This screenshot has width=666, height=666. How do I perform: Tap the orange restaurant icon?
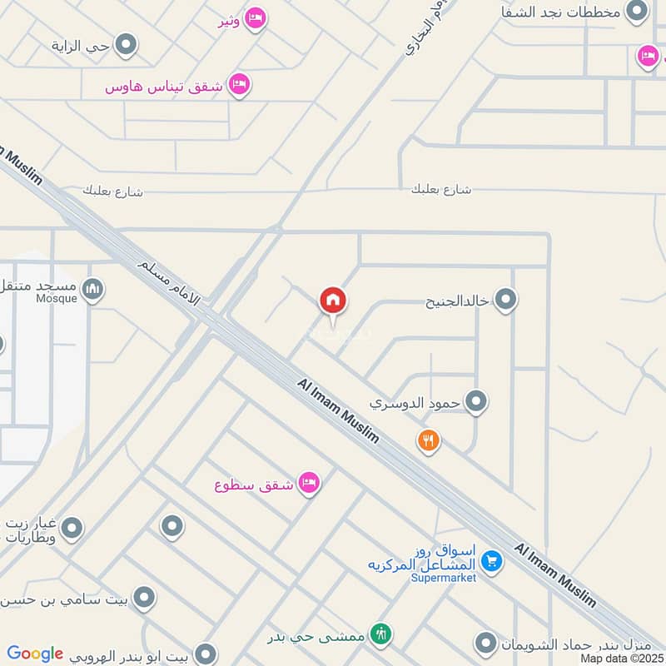pyautogui.click(x=429, y=440)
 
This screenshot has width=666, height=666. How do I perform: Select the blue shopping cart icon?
pyautogui.click(x=492, y=562)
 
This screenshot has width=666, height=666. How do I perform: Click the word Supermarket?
pyautogui.click(x=444, y=578)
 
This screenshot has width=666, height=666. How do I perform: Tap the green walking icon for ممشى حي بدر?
pyautogui.click(x=381, y=634)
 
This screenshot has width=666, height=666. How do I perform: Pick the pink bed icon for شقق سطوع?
pyautogui.click(x=309, y=483)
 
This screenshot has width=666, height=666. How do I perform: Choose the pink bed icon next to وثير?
pyautogui.click(x=256, y=17)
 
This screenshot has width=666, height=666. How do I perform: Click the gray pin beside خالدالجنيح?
pyautogui.click(x=505, y=300)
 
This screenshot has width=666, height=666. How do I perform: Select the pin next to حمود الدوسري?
pyautogui.click(x=475, y=402)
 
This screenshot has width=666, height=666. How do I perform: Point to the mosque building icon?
pyautogui.click(x=93, y=289)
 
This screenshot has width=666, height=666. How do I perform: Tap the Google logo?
pyautogui.click(x=35, y=654)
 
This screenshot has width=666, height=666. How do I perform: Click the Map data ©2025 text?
pyautogui.click(x=621, y=658)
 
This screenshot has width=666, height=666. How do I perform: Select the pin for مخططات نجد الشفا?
pyautogui.click(x=637, y=11)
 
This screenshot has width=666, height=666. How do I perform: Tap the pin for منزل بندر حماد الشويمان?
pyautogui.click(x=486, y=643)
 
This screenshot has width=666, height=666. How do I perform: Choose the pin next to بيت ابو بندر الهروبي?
pyautogui.click(x=205, y=654)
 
